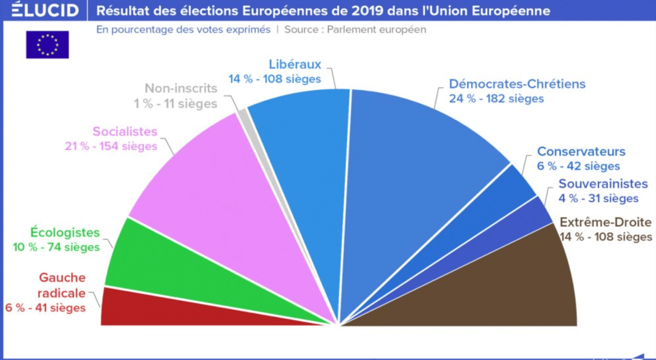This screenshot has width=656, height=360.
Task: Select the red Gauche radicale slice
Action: [x=167, y=307]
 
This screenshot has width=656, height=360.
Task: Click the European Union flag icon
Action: [x=47, y=45]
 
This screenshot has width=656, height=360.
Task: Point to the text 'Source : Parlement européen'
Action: [x=355, y=30]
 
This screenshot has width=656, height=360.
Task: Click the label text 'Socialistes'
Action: [x=125, y=132]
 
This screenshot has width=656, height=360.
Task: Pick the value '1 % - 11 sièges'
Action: [x=175, y=103]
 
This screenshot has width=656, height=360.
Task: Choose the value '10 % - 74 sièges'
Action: [x=56, y=247]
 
